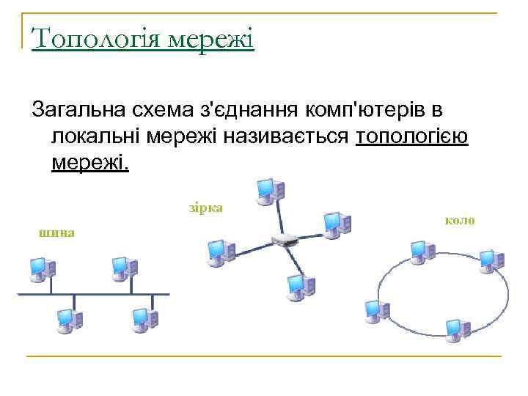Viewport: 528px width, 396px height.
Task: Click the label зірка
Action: pos(205,208)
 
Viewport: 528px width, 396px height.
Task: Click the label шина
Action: pos(56,232)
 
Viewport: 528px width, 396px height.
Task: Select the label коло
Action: pos(460,219)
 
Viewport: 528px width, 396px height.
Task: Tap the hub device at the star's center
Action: pos(283,240)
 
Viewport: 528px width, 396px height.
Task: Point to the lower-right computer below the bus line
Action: pos(144,320)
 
